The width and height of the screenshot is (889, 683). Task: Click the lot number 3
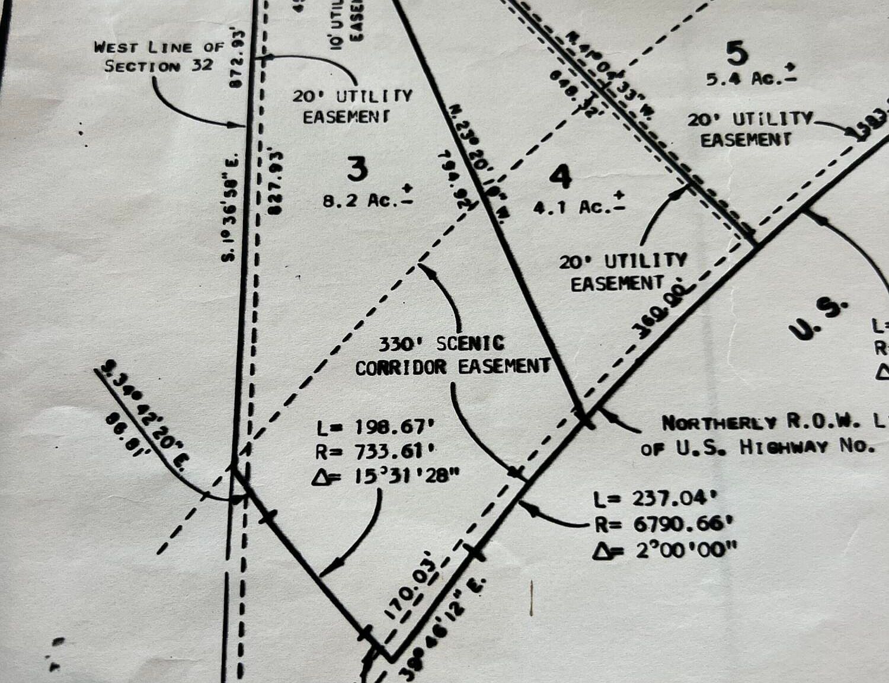(357, 170)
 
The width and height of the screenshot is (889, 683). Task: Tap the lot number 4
(560, 177)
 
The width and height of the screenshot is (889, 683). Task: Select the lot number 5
(737, 55)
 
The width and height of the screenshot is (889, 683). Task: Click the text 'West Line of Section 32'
(159, 56)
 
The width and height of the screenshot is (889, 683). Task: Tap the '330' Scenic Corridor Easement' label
(453, 356)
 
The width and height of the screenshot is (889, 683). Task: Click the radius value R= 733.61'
(376, 452)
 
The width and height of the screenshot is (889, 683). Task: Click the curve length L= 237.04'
(651, 499)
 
